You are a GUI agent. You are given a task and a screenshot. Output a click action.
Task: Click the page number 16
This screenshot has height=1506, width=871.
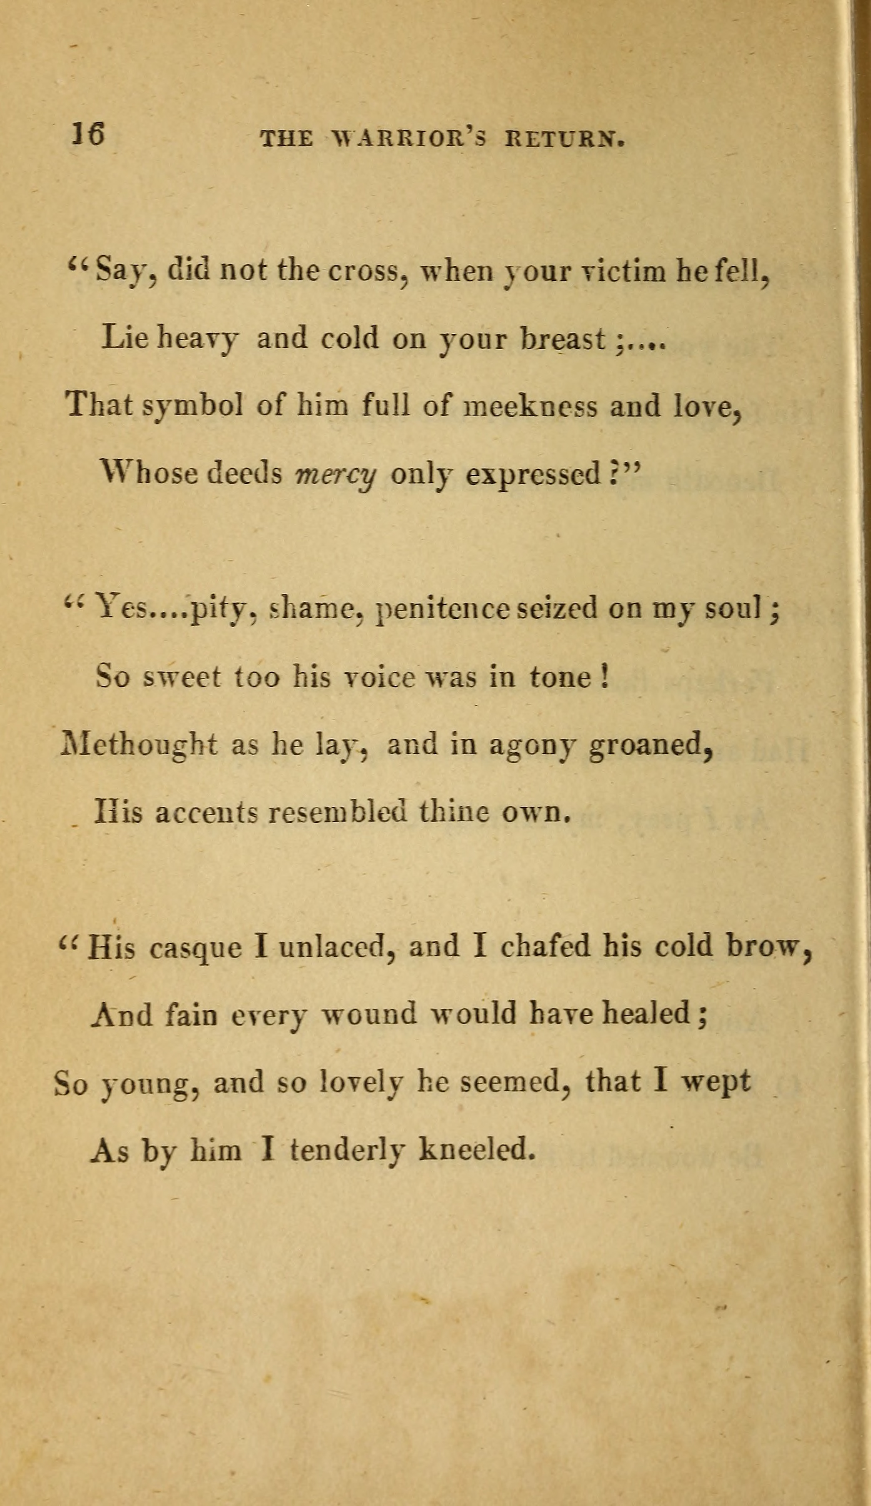pyautogui.click(x=88, y=134)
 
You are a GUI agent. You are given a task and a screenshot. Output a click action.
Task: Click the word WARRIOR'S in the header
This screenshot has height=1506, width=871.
pyautogui.click(x=407, y=139)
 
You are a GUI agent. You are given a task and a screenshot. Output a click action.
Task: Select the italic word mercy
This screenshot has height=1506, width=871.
pyautogui.click(x=336, y=475)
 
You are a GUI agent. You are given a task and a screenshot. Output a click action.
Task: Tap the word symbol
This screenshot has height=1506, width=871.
pyautogui.click(x=192, y=406)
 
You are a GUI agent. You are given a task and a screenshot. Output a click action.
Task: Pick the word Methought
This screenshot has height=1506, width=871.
pyautogui.click(x=139, y=745)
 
